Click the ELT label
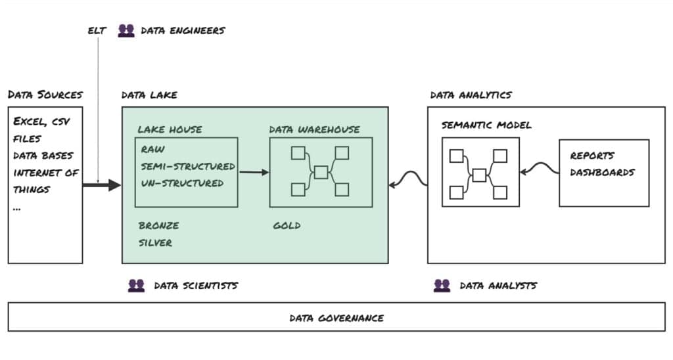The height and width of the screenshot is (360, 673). (x=97, y=30)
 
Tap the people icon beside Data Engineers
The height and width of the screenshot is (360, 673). (x=126, y=30)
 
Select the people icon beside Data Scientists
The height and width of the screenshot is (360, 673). (x=136, y=285)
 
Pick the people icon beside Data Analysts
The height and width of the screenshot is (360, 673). (x=442, y=285)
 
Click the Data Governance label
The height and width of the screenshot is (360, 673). (x=336, y=318)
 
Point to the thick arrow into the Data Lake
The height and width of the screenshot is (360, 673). (x=102, y=185)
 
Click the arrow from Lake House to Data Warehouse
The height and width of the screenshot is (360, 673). (x=254, y=172)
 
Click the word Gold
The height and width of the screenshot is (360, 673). (x=287, y=225)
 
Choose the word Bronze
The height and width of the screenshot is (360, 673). (x=158, y=225)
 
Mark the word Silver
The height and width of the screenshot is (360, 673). (x=155, y=242)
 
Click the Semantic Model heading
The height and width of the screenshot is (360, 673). (x=486, y=125)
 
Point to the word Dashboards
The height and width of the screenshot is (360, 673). (x=602, y=172)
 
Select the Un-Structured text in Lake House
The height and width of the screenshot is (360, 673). (x=182, y=183)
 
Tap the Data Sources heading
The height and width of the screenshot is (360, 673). (x=45, y=95)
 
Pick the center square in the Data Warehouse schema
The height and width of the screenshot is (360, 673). (x=321, y=172)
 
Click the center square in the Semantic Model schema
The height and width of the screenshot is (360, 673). (x=479, y=175)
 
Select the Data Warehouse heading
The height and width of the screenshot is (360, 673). (x=314, y=129)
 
